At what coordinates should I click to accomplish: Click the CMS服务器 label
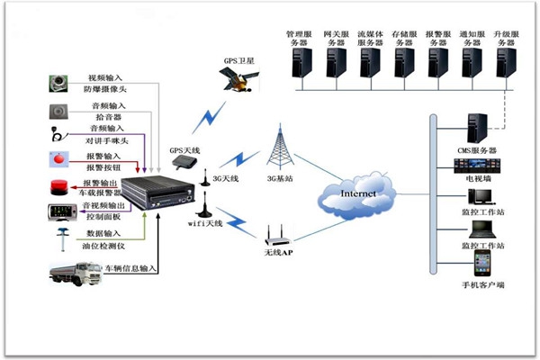[x=477, y=149]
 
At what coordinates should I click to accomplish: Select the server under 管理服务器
[x=300, y=65]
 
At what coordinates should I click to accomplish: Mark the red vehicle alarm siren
[x=58, y=188]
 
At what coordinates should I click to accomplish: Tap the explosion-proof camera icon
[x=59, y=85]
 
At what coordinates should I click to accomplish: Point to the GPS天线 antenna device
[x=184, y=162]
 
